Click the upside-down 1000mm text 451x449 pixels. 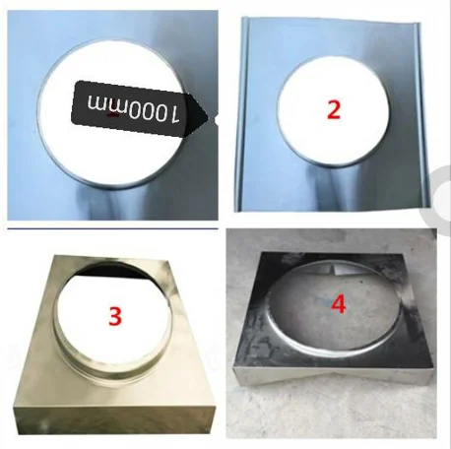133,108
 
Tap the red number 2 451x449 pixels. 334,109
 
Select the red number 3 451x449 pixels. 115,317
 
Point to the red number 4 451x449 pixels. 339,304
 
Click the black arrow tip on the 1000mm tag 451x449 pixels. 215,117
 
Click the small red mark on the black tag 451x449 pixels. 113,115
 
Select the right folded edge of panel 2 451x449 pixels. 422,115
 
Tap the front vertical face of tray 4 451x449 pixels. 332,376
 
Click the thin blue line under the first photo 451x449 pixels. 112,228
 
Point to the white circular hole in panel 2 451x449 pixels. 334,110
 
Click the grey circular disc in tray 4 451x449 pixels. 336,308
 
